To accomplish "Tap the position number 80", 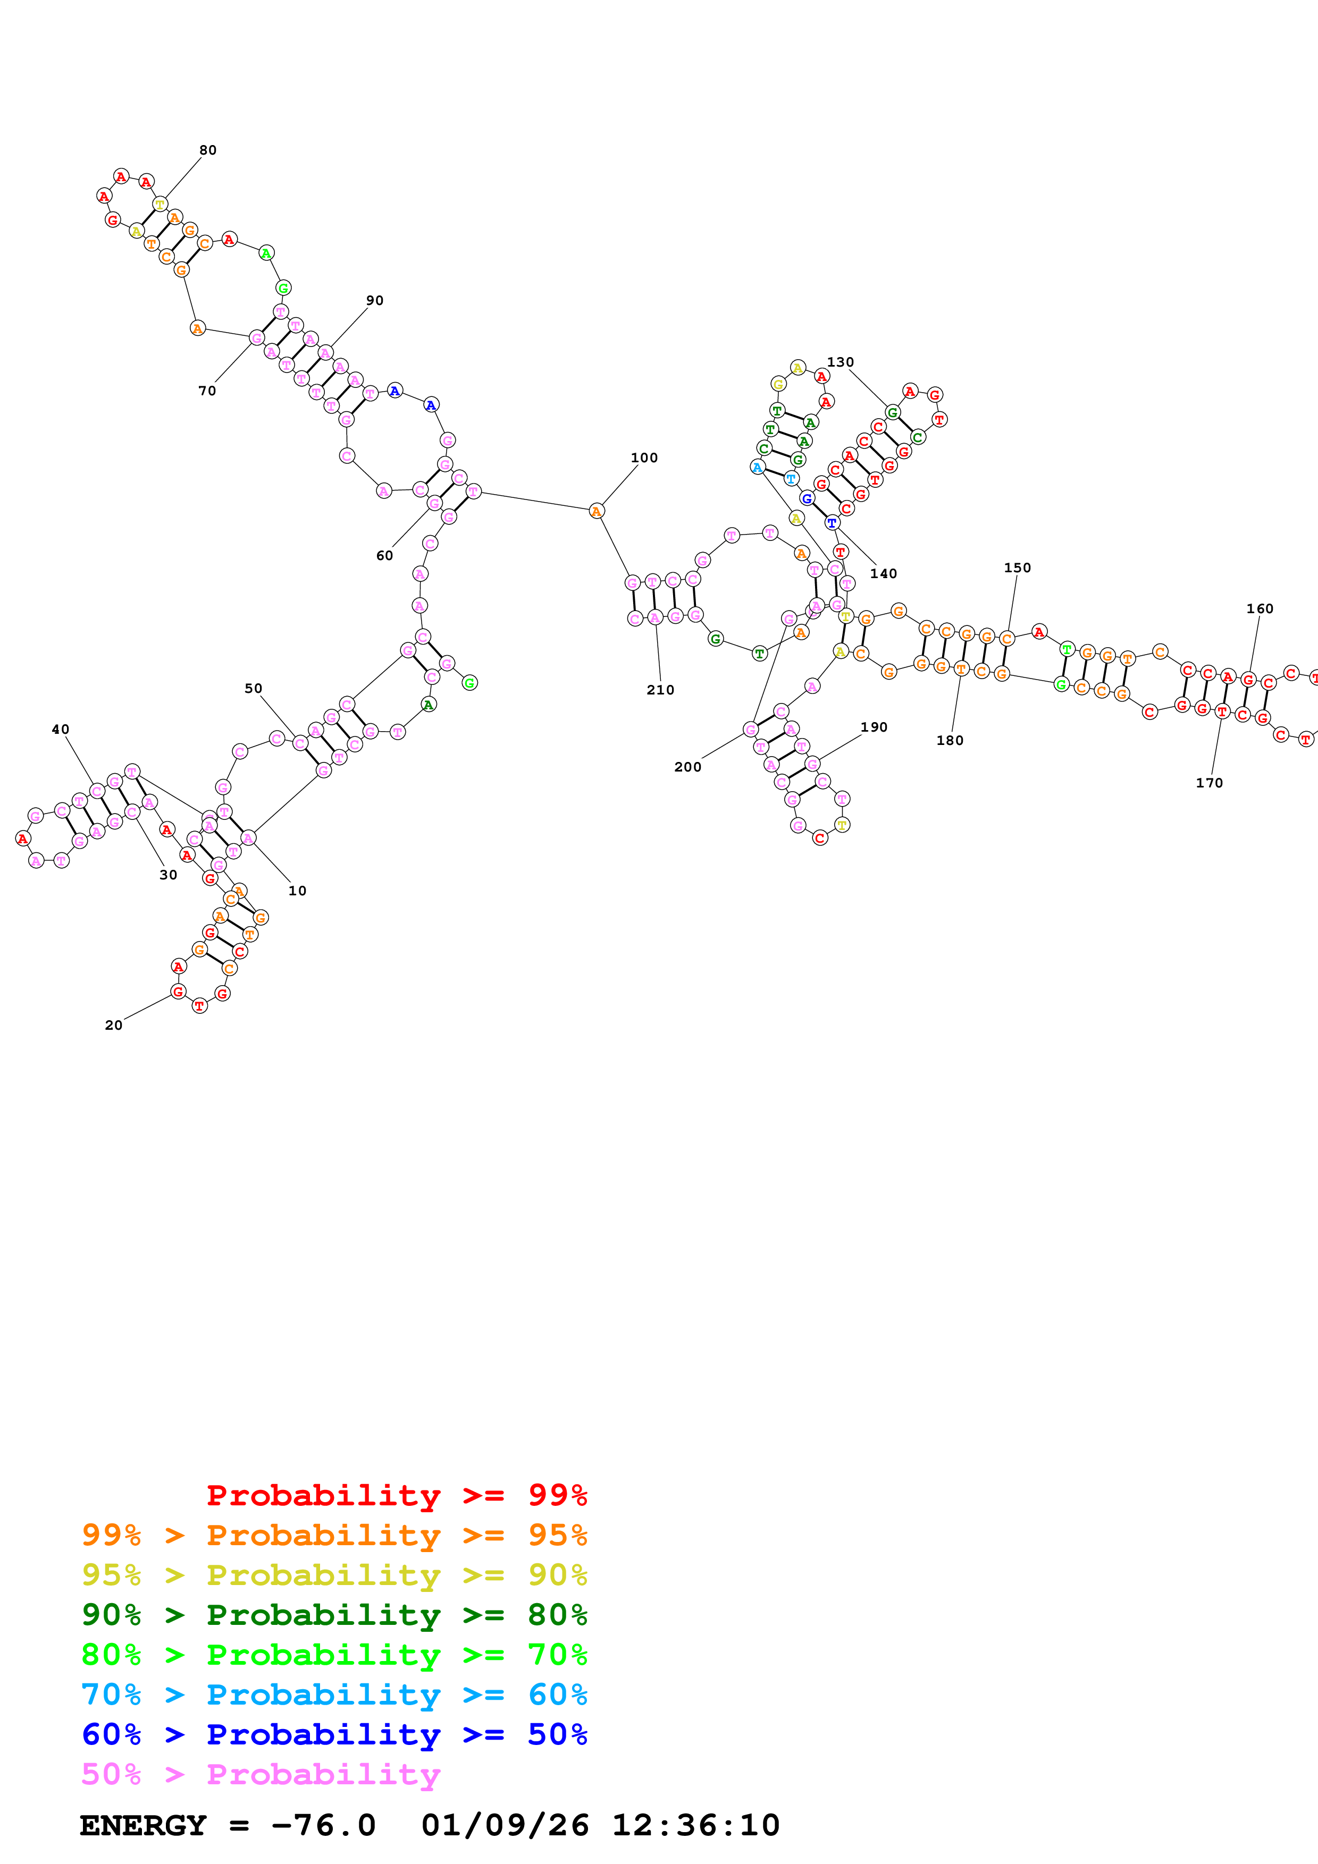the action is pyautogui.click(x=208, y=150).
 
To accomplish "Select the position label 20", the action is pyautogui.click(x=114, y=1026).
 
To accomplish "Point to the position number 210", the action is pyautogui.click(x=660, y=690).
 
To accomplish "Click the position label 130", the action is pyautogui.click(x=841, y=362).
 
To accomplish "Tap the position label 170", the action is pyautogui.click(x=1209, y=783).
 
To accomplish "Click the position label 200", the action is pyautogui.click(x=688, y=767).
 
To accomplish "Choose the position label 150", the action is pyautogui.click(x=1018, y=567).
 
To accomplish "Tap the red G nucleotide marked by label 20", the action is pyautogui.click(x=179, y=992).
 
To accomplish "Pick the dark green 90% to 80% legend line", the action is pyautogui.click(x=334, y=1615).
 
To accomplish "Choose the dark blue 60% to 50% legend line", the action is pyautogui.click(x=334, y=1734).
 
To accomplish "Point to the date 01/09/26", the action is pyautogui.click(x=505, y=1826).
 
